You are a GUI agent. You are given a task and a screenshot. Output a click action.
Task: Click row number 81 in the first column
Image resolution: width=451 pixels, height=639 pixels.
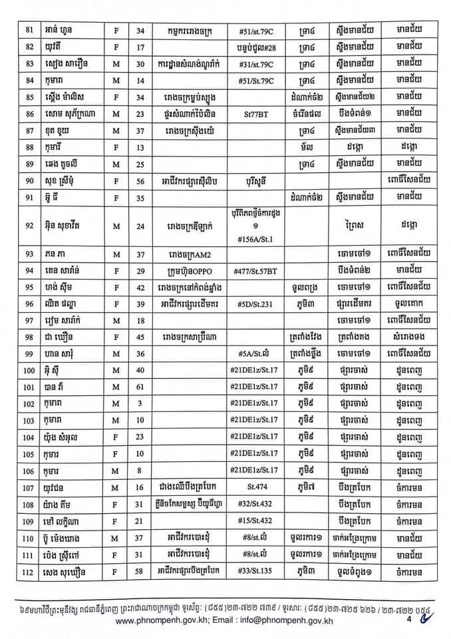[x=29, y=31]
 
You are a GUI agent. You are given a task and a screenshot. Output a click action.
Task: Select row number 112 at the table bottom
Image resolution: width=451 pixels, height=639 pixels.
[x=29, y=569]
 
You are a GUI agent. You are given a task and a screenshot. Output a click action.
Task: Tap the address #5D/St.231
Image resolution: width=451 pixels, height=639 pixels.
[x=255, y=304]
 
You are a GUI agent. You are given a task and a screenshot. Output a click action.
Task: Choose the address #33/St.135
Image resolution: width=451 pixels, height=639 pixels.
[x=255, y=569]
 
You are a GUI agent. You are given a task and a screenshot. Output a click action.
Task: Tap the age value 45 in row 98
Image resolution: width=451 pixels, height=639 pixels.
[x=148, y=336]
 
